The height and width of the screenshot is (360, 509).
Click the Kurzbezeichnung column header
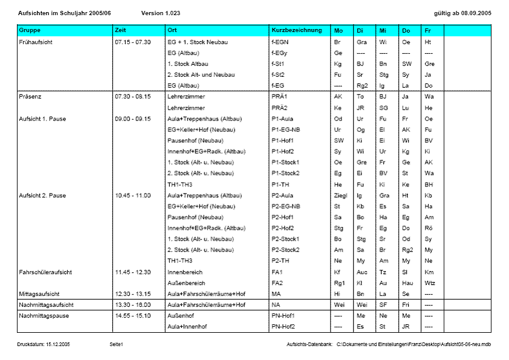(x=297, y=30)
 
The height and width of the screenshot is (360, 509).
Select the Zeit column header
(x=121, y=30)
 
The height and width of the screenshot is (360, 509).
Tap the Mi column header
(x=383, y=30)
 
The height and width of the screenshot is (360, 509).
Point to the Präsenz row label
(x=31, y=96)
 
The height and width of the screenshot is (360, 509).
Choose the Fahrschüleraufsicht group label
(x=45, y=272)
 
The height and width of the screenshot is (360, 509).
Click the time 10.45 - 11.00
(x=132, y=195)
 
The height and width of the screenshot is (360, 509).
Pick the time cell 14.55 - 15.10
(x=132, y=316)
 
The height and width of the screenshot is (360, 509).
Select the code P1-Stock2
(x=286, y=173)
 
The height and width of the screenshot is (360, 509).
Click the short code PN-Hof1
(x=284, y=316)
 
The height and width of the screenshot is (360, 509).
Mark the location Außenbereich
(x=186, y=283)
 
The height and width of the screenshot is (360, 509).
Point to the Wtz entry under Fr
(x=430, y=283)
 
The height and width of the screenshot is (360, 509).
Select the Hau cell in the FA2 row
(x=407, y=283)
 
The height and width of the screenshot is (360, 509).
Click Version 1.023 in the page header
(x=160, y=13)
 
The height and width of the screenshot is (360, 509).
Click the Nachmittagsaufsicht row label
(x=46, y=304)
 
